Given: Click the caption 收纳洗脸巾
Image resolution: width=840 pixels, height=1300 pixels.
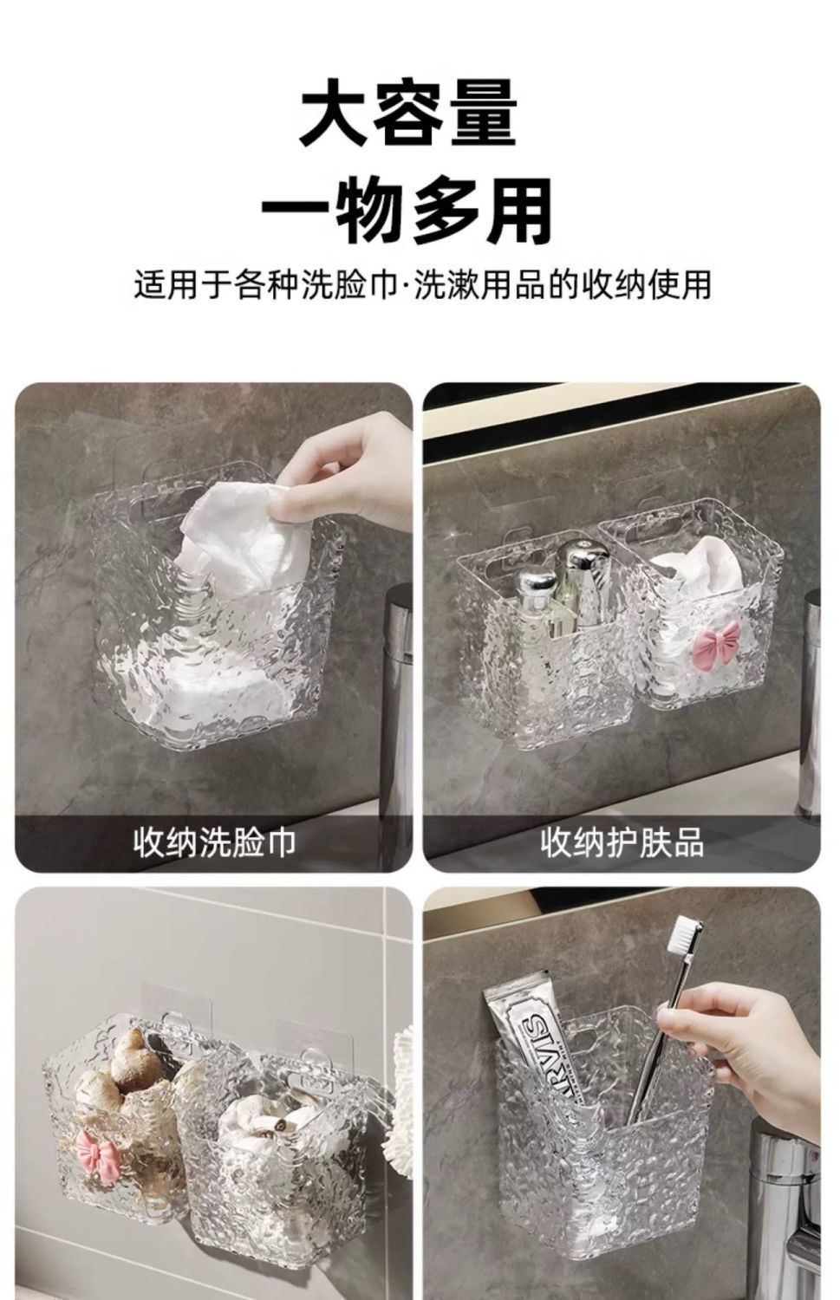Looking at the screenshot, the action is (215, 842).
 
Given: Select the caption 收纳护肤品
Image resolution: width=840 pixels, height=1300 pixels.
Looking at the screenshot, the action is (622, 842).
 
